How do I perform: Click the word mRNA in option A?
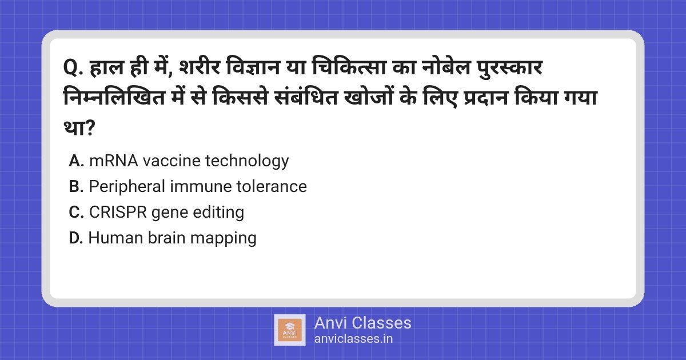(x=114, y=161)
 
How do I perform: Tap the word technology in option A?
(x=247, y=161)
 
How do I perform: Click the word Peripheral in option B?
(x=127, y=187)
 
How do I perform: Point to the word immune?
(x=201, y=186)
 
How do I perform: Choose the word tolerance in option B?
(x=272, y=186)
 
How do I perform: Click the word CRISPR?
(x=118, y=212)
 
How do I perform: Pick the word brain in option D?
(x=166, y=238)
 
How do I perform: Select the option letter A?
(x=77, y=161)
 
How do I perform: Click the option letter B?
(x=76, y=186)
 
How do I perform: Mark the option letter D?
(x=76, y=238)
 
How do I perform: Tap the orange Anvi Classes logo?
(x=290, y=330)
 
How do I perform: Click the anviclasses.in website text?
(x=353, y=339)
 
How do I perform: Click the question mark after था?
(x=89, y=128)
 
